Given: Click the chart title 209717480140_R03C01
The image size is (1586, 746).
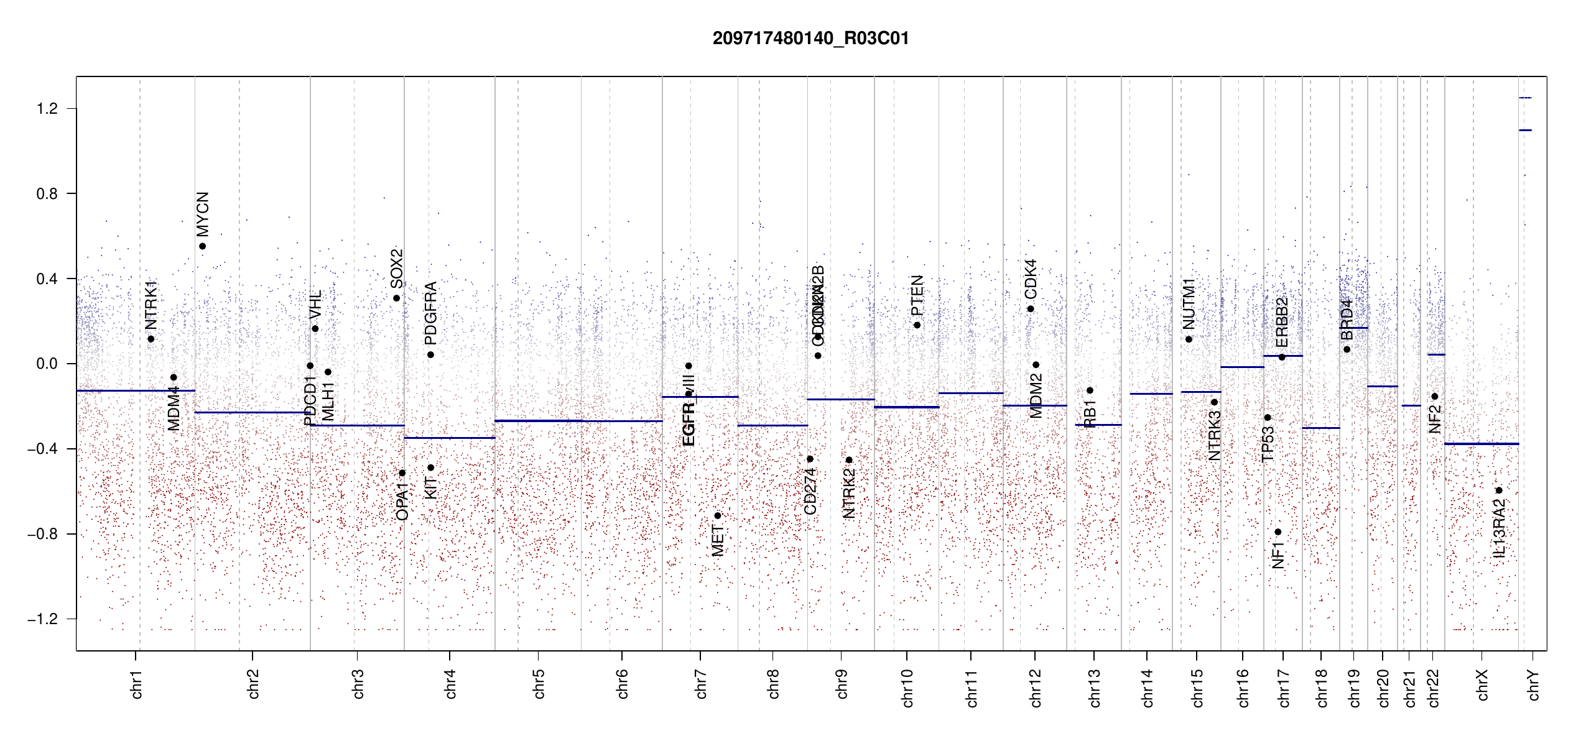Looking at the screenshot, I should coord(810,39).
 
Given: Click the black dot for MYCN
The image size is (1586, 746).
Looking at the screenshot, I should coord(202,246).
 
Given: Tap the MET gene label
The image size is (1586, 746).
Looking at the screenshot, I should coord(718,541).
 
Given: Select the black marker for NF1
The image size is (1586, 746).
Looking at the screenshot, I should coord(1278,532).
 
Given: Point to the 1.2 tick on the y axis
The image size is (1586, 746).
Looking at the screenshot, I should coord(47,109).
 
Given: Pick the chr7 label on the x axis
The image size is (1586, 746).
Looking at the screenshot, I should coord(701,684).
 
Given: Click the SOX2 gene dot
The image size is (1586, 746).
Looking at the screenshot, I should coord(396,298).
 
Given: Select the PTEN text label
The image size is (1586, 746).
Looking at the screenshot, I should coord(917,296).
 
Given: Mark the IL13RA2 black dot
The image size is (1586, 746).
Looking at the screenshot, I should coord(1499,490).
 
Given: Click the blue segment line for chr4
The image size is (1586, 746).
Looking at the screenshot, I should coord(449,438).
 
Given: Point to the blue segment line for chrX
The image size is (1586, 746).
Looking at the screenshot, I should coord(1481,444).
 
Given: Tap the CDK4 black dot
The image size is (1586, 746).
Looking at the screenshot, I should coord(1031,309).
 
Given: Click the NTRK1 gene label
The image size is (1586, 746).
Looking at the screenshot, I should coord(151,305).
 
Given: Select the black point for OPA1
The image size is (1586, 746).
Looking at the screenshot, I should coord(402,473).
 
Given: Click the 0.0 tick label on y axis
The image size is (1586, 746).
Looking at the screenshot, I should coord(47,364).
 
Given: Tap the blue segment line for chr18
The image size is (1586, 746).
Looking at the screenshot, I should coord(1320,428).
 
